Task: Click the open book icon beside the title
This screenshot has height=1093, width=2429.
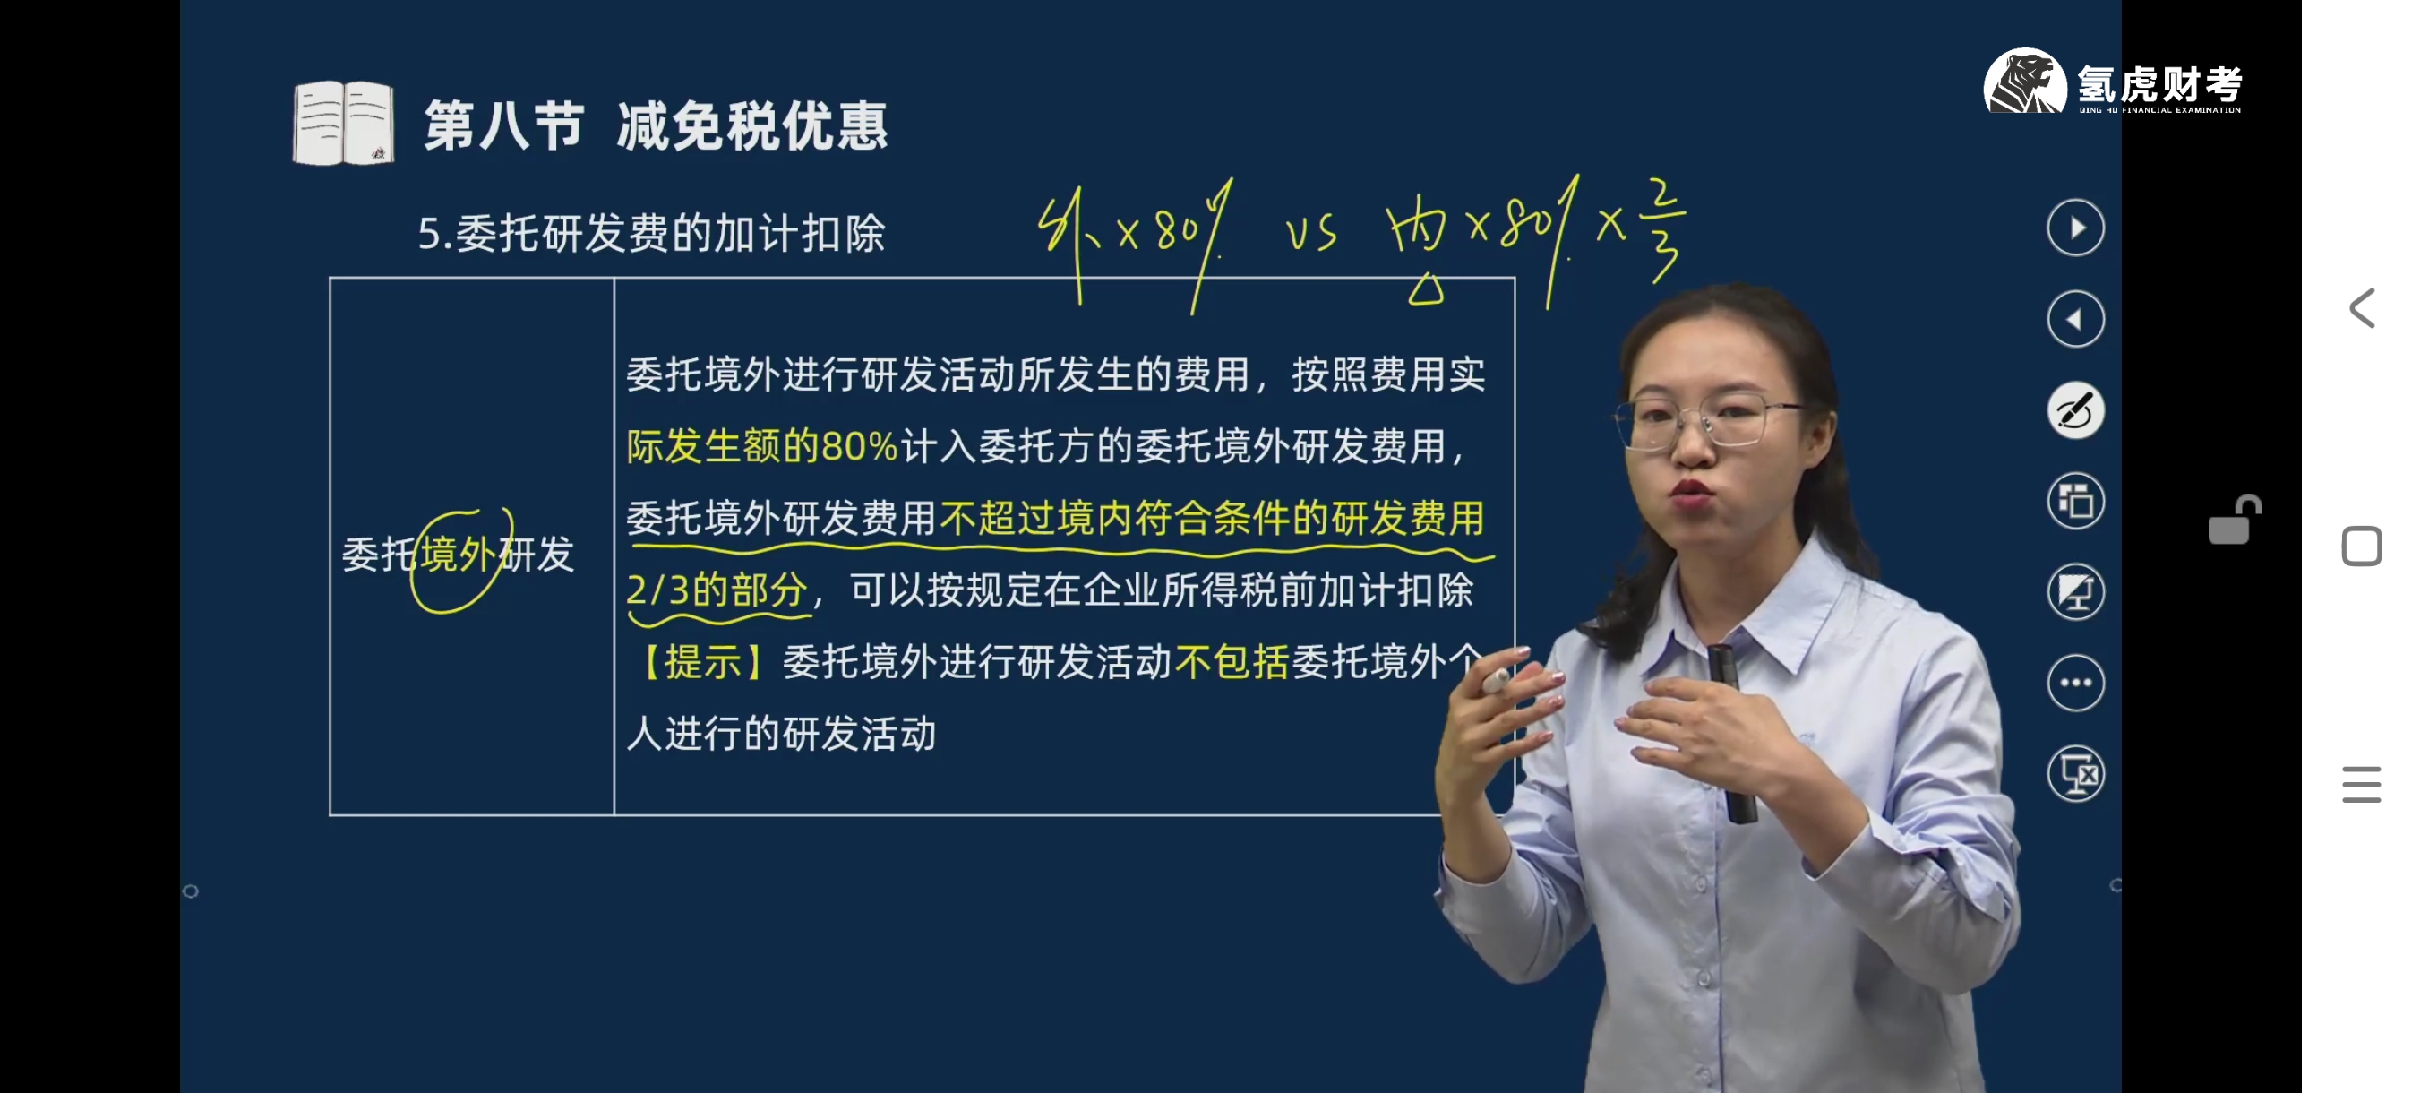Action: (x=343, y=124)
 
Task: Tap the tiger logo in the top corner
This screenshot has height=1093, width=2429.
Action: (x=2023, y=82)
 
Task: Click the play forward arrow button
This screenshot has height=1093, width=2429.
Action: (x=2075, y=228)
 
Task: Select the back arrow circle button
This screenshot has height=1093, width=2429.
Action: (x=2075, y=320)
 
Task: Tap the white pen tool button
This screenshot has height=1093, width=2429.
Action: (x=2075, y=410)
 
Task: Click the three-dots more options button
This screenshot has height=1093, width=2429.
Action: (x=2075, y=683)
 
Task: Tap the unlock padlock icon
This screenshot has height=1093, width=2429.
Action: (x=2234, y=520)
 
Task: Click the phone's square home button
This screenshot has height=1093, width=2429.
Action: (x=2361, y=546)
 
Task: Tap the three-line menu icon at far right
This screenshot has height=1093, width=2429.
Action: (x=2361, y=785)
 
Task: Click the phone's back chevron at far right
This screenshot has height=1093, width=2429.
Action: (x=2361, y=308)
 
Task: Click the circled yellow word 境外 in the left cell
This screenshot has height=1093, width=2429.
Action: (x=458, y=555)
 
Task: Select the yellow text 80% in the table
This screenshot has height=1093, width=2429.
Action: (x=859, y=446)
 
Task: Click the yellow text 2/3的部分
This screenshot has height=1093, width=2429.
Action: (x=717, y=590)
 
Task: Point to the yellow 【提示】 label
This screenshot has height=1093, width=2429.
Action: (x=703, y=662)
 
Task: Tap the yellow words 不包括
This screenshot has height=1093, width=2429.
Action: (x=1232, y=662)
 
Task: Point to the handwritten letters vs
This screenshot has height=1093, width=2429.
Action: (x=1311, y=233)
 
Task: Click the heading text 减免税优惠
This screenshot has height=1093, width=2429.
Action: (x=752, y=126)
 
